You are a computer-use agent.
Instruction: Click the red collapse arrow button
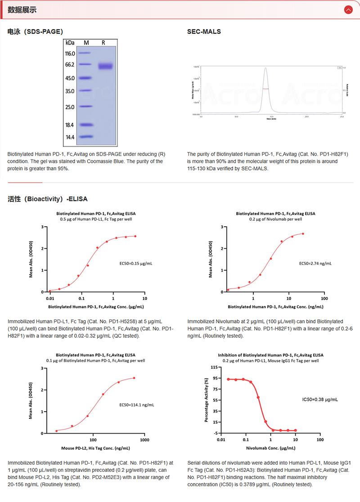pos(348,9)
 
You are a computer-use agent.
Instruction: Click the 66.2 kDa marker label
pos(70,65)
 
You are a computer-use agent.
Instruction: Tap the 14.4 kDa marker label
pos(70,137)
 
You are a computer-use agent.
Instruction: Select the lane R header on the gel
pos(103,43)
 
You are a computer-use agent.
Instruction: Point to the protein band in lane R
pos(106,66)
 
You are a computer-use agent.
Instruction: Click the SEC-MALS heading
pos(204,32)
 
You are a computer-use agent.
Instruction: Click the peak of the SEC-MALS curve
pos(265,68)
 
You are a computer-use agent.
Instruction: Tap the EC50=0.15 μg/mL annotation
pos(136,264)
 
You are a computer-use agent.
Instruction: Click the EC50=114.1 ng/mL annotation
pos(137,405)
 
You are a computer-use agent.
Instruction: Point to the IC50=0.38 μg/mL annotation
pos(320,399)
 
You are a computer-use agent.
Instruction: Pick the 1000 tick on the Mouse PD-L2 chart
pos(144,440)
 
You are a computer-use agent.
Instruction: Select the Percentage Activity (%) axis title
pos(206,400)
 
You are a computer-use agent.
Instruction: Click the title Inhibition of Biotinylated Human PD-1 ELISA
pos(270,355)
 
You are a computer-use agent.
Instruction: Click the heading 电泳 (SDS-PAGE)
pos(35,32)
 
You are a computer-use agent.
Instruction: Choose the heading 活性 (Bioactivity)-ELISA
pos(47,198)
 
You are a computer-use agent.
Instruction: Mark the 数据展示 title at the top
pos(22,9)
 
